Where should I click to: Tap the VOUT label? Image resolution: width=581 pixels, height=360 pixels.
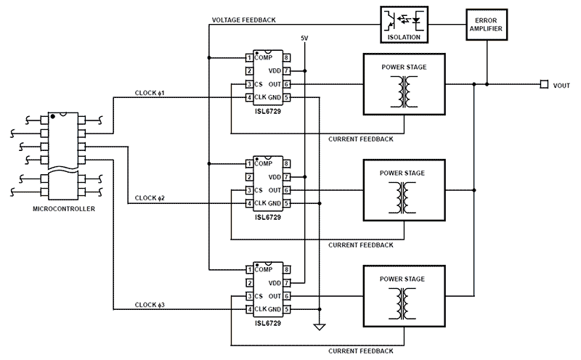(561, 85)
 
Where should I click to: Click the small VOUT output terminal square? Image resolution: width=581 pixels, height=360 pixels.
(543, 84)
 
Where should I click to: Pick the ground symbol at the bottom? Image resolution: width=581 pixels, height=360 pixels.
(319, 327)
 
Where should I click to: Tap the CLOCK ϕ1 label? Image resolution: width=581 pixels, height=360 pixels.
(150, 93)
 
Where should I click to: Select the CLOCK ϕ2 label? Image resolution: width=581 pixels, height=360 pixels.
(150, 197)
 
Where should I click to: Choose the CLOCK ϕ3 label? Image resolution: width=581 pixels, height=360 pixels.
(150, 303)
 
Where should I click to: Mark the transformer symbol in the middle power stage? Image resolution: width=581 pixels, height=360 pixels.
(402, 196)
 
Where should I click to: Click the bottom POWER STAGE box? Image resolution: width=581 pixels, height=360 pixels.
(403, 296)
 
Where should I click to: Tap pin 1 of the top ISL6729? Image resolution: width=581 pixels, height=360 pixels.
(249, 57)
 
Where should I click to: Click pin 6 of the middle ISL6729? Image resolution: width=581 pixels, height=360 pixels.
(287, 190)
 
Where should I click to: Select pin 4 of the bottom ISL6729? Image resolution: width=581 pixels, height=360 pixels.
(249, 309)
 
